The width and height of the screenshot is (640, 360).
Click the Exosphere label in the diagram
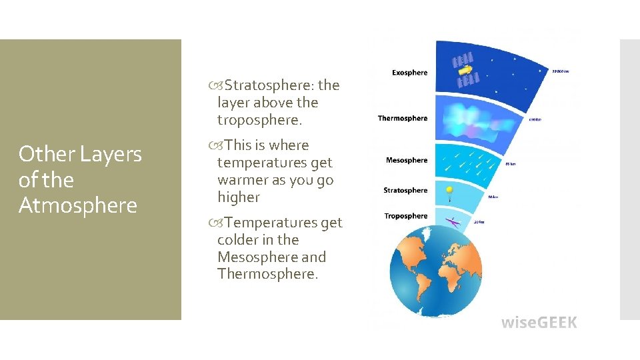click(409, 73)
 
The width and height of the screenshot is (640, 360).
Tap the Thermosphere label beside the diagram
click(402, 119)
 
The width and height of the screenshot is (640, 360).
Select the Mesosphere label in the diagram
click(406, 160)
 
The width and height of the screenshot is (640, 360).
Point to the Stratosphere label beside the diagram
click(405, 191)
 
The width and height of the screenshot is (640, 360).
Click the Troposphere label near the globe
click(405, 216)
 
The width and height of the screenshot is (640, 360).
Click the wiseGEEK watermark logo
click(539, 323)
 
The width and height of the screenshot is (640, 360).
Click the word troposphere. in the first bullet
click(259, 120)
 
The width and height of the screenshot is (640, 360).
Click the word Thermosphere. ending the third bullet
click(267, 275)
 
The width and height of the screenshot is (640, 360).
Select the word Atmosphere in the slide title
click(77, 205)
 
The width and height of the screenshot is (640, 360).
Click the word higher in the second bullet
click(238, 197)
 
